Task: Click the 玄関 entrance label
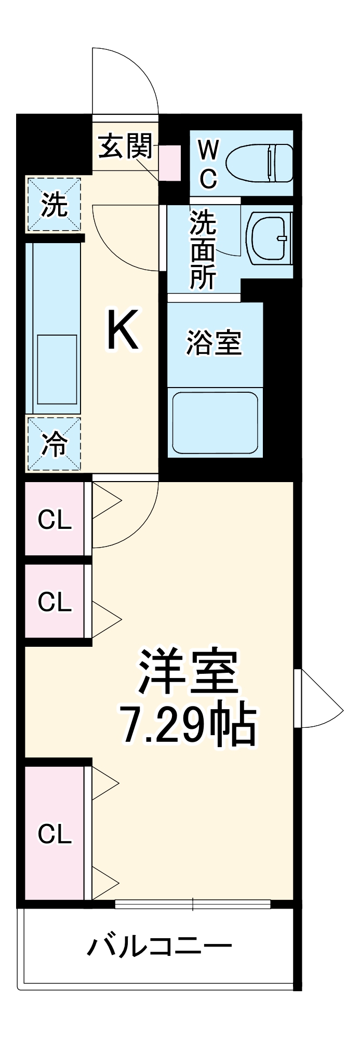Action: (125, 146)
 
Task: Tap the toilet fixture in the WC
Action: (261, 163)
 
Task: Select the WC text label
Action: (208, 165)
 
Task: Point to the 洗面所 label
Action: (202, 249)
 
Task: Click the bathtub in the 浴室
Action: (215, 422)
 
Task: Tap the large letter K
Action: (123, 330)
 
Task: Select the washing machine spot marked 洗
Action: (55, 205)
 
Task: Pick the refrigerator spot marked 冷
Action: (55, 444)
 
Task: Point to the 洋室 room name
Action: (188, 672)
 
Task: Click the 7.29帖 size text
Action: (188, 724)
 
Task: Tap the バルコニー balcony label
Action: (159, 947)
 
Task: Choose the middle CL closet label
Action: (55, 601)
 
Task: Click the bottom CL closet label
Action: (55, 834)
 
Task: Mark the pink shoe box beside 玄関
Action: (170, 163)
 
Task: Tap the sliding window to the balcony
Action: (193, 904)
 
